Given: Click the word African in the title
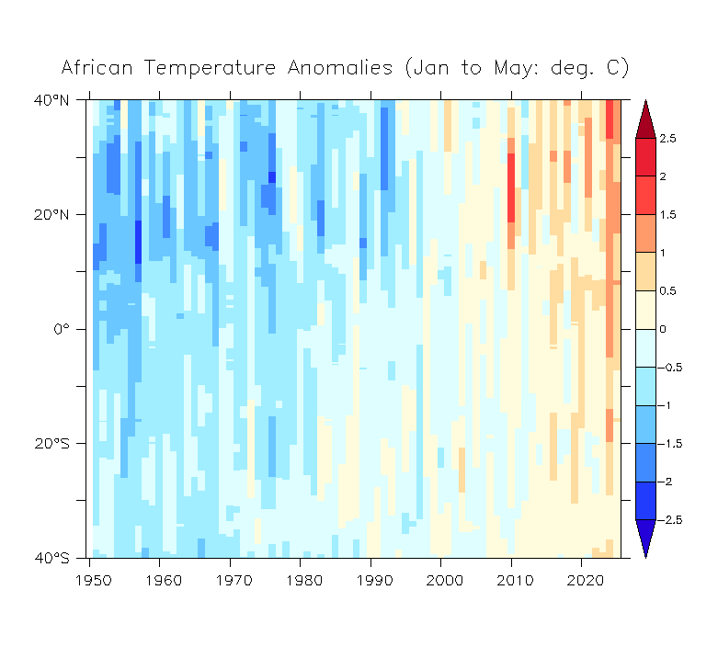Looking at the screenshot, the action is [x=97, y=68].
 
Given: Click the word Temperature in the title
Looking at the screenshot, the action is [x=211, y=68].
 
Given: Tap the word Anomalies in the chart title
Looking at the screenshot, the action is [x=340, y=68].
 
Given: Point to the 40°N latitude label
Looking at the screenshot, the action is [x=51, y=100].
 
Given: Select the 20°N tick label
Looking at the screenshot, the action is [x=51, y=215].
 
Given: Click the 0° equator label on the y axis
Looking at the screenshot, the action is [x=62, y=329].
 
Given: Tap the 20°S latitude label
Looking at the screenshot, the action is [x=51, y=443].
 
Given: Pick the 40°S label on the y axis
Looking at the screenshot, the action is [x=51, y=558].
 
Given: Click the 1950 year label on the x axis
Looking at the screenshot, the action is [x=94, y=581].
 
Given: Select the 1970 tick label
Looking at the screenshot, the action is [x=234, y=581].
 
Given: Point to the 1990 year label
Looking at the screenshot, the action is [x=374, y=581].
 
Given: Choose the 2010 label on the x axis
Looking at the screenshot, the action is [x=515, y=581].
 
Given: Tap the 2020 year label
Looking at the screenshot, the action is [x=586, y=581].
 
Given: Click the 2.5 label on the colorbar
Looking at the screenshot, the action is [x=667, y=139].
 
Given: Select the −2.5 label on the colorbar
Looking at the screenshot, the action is [x=669, y=520].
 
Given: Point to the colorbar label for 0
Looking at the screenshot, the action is [x=663, y=329].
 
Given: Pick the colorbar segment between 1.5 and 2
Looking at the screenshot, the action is [x=645, y=196].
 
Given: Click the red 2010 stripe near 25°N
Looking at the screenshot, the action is [x=511, y=187].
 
